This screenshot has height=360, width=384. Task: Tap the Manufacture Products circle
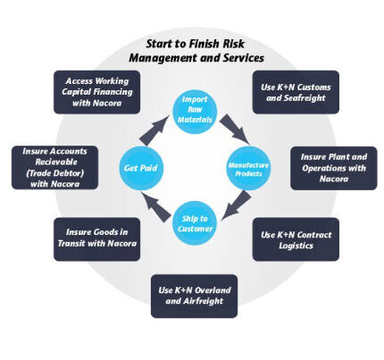(248, 168)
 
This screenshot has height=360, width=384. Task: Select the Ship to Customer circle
(195, 223)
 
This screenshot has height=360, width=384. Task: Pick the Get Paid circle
(141, 168)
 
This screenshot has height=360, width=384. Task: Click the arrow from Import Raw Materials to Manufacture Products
(235, 129)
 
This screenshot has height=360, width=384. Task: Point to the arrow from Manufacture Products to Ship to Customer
(236, 205)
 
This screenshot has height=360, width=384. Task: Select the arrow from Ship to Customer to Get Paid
(155, 207)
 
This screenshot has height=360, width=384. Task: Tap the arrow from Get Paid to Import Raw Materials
(154, 130)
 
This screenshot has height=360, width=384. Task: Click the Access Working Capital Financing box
(96, 92)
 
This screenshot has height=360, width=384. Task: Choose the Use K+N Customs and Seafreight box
(296, 92)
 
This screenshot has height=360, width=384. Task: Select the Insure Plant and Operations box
(334, 168)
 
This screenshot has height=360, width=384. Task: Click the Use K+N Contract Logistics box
(296, 239)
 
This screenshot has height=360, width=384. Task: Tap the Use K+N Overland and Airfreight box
(194, 296)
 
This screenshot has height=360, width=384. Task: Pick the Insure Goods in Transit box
(96, 239)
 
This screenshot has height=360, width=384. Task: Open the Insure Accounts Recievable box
(54, 167)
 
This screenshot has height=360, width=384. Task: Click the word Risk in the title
(233, 44)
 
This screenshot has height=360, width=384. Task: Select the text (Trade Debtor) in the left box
(54, 173)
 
